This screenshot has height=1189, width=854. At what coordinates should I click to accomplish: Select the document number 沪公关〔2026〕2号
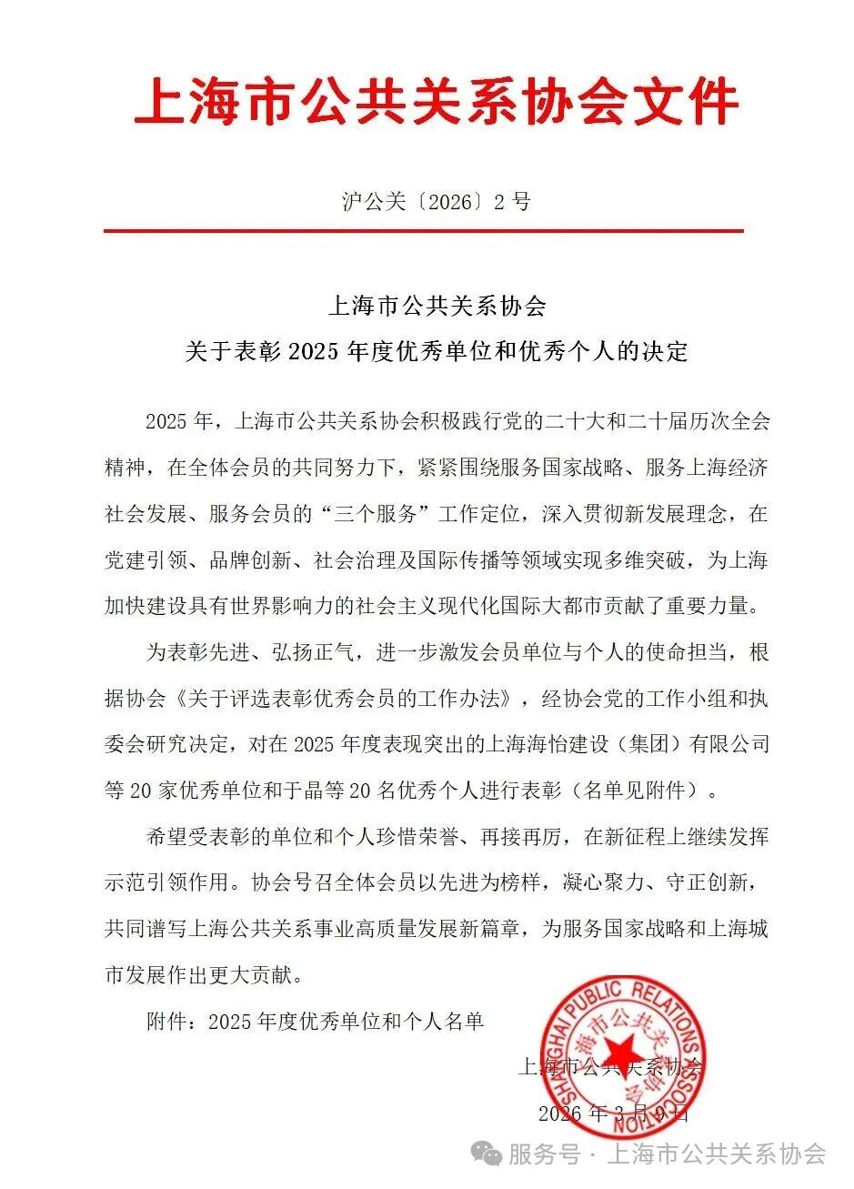click(436, 201)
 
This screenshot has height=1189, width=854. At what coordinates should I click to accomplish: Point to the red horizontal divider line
click(423, 231)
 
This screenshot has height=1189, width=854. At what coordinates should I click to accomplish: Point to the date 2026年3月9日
click(615, 1113)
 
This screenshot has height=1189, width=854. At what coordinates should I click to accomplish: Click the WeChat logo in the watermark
click(490, 1154)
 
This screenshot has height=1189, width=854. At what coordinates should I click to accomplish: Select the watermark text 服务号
click(544, 1154)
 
